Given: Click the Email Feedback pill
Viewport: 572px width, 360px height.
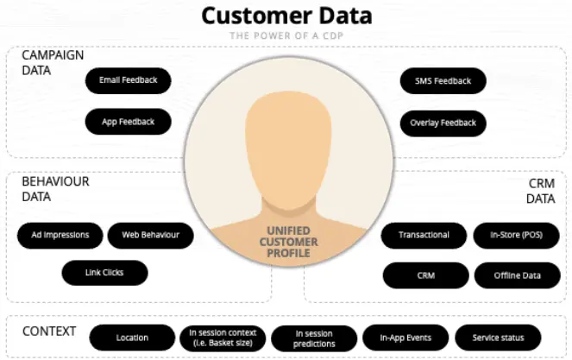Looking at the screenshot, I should (x=129, y=81).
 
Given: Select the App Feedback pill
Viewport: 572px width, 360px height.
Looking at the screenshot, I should (x=129, y=122).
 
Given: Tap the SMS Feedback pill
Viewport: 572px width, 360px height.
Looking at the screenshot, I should (x=443, y=81).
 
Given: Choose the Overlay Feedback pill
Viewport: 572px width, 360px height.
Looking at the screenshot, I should (x=443, y=123).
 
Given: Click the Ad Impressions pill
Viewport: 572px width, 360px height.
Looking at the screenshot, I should (x=60, y=235).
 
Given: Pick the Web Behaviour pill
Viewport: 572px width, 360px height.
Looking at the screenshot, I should (x=151, y=235).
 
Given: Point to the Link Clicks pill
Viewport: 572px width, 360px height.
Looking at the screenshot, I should (x=105, y=273).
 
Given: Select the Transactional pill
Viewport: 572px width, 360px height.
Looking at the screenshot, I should (x=424, y=235).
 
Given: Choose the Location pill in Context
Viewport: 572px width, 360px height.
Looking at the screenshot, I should (x=133, y=338).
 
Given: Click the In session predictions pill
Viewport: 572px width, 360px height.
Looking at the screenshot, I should (x=314, y=338).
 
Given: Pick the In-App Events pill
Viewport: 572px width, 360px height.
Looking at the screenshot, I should (x=405, y=338).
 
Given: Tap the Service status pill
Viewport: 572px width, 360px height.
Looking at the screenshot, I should (x=498, y=338).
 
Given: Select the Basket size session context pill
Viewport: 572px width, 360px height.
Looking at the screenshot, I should (x=223, y=338).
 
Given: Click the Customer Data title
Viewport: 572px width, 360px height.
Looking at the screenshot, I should (x=286, y=15).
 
